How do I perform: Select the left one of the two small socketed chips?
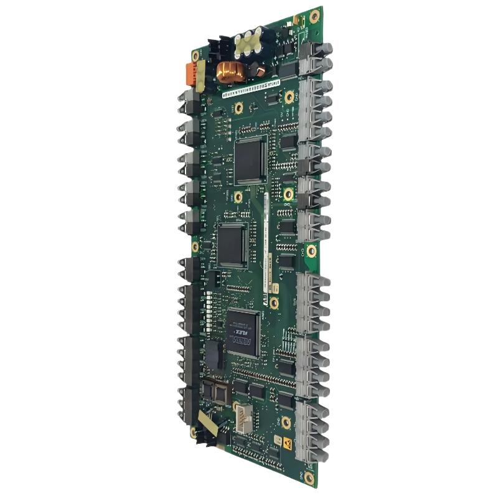pos(207,390)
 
